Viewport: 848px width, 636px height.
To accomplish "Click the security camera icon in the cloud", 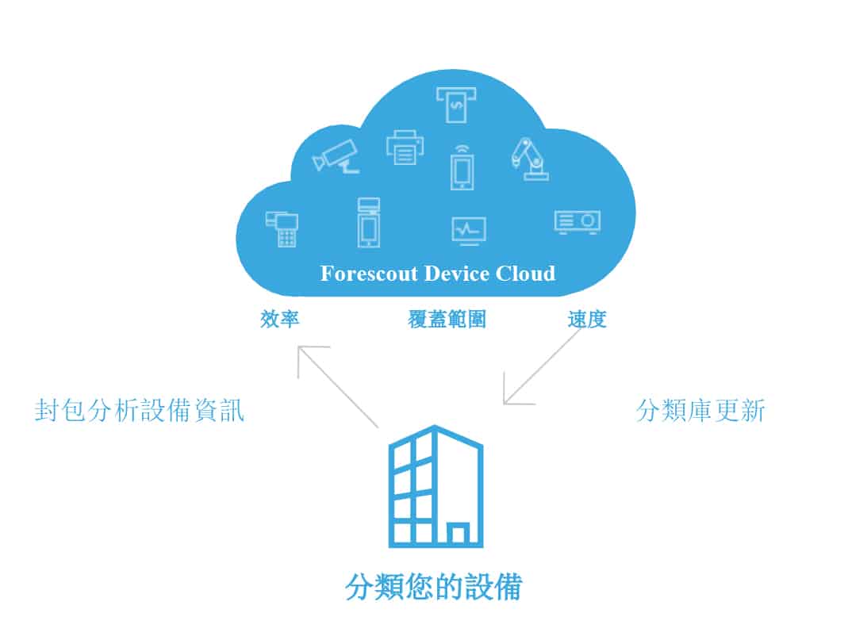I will tap(336, 154).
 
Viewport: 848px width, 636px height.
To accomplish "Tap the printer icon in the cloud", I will tap(405, 147).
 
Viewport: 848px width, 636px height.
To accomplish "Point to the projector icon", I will tap(577, 221).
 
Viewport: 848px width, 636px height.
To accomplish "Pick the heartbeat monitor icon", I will tap(468, 229).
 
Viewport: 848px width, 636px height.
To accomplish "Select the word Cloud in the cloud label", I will tap(526, 274).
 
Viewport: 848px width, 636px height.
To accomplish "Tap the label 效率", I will tap(279, 320).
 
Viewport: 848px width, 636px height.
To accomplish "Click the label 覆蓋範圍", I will tap(447, 320).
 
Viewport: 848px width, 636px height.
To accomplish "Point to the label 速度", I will tap(587, 320).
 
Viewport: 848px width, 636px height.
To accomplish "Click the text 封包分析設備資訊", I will tap(140, 410).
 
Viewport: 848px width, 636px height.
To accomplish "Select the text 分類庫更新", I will tap(700, 410).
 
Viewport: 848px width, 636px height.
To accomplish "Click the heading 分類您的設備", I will tap(434, 588).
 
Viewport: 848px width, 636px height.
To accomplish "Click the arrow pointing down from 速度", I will tap(543, 366).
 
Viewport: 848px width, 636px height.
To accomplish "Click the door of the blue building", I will tap(457, 534).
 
